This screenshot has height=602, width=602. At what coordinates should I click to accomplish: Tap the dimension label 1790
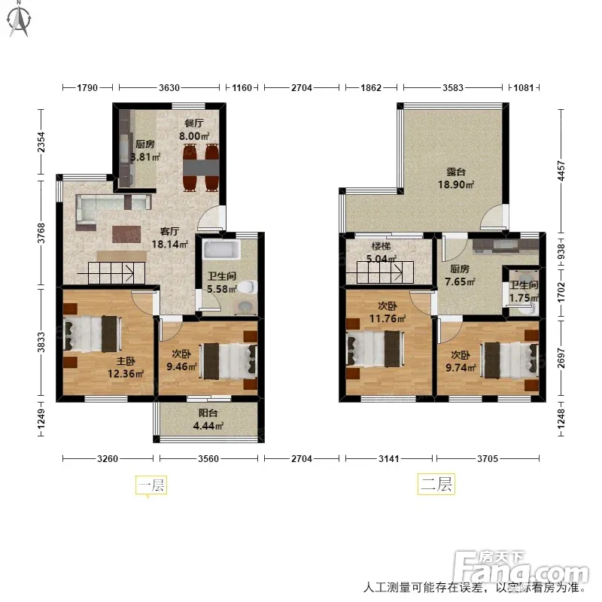(x=87, y=88)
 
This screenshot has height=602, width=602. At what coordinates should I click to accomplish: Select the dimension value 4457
(x=561, y=171)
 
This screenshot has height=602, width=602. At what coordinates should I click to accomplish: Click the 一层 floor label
(x=151, y=485)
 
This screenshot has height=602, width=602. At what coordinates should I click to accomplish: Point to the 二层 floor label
(x=436, y=484)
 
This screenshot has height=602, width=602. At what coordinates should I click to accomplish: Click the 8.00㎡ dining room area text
(x=194, y=136)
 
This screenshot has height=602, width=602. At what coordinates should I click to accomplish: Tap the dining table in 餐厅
(x=201, y=167)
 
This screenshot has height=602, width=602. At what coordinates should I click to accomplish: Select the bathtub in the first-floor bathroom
(x=221, y=250)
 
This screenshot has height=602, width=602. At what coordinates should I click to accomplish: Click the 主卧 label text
(x=126, y=361)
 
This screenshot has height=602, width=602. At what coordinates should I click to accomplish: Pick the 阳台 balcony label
(x=208, y=413)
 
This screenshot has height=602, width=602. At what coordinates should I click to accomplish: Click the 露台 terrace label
(x=456, y=172)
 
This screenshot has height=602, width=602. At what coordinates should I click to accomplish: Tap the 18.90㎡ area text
(x=456, y=184)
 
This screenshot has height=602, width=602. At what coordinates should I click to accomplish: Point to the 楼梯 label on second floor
(x=381, y=246)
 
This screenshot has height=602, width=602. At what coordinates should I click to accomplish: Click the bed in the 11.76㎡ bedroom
(x=375, y=349)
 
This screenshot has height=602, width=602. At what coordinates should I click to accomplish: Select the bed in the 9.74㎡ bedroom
(x=511, y=360)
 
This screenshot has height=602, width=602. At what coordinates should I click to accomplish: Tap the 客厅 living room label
(x=169, y=232)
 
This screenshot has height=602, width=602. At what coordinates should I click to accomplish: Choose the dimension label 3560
(x=208, y=459)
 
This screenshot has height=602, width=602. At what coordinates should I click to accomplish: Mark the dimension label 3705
(x=488, y=459)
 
